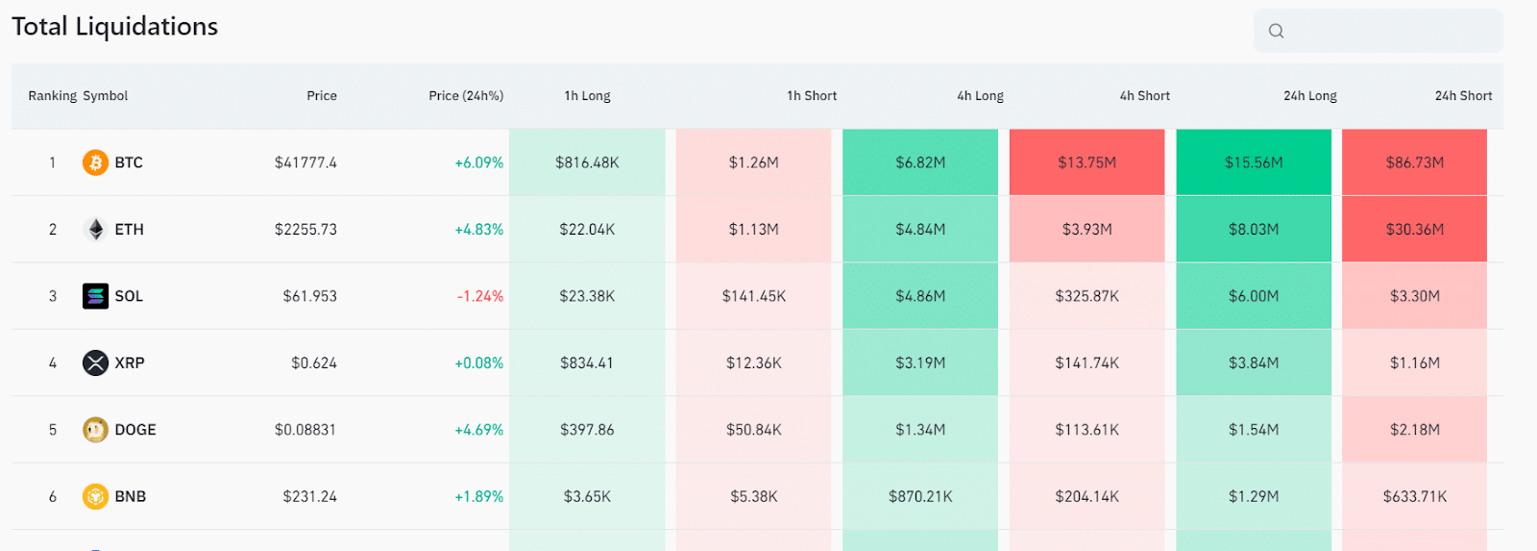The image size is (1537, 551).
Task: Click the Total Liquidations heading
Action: click(114, 27)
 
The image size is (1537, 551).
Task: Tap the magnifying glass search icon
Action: click(1276, 31)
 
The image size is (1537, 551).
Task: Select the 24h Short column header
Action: click(1462, 96)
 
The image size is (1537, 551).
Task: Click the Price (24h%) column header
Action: click(465, 96)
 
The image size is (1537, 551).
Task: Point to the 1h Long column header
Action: click(587, 96)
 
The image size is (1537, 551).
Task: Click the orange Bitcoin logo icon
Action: click(95, 163)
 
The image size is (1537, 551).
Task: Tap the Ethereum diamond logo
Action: click(95, 229)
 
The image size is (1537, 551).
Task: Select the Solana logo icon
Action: click(95, 296)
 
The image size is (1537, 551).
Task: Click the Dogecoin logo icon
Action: click(95, 430)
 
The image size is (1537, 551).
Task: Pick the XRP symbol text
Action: click(130, 363)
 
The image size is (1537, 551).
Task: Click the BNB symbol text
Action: click(131, 496)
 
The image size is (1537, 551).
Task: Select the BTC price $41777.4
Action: click(305, 163)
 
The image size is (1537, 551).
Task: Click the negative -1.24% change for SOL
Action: click(479, 296)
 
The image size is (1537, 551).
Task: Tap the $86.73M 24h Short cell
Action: click(1414, 163)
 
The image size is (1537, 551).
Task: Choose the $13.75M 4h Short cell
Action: click(1086, 163)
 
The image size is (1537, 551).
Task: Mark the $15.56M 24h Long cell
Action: click(1253, 163)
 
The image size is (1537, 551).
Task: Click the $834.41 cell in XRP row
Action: click(587, 363)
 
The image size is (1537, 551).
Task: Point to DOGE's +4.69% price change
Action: click(478, 430)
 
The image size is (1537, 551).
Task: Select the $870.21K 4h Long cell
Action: click(920, 496)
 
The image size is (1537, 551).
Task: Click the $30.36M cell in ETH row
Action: click(1414, 229)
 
